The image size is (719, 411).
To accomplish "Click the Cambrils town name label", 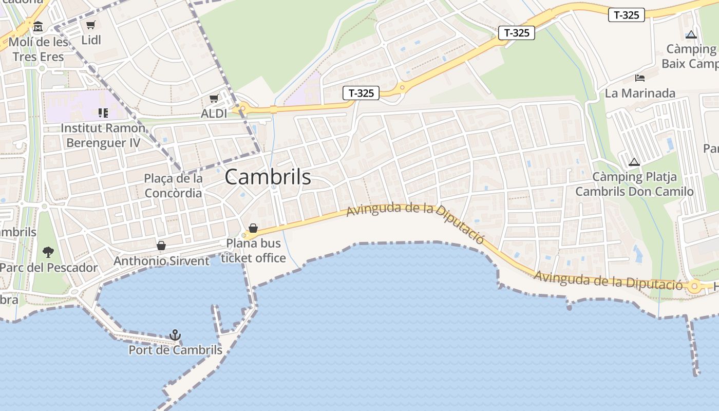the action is click(x=268, y=177).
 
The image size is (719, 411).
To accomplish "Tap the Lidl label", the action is click(x=91, y=40).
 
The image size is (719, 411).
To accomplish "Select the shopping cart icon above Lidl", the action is click(x=91, y=25).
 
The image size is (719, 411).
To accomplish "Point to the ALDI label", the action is click(x=214, y=114).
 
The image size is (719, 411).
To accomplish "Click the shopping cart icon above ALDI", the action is click(x=214, y=98).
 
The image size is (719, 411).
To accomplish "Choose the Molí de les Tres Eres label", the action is click(x=39, y=49).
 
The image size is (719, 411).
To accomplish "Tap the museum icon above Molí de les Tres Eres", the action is click(x=38, y=26).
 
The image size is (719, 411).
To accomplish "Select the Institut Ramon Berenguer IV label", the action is click(x=103, y=136).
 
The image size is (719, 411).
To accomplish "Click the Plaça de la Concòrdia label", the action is click(x=173, y=185).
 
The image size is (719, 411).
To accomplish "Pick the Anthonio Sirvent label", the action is click(x=161, y=261).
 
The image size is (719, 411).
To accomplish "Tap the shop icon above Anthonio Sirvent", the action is click(x=161, y=246).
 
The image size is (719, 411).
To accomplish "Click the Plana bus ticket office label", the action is click(x=253, y=251).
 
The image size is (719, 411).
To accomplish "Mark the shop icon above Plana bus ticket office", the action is click(x=253, y=228).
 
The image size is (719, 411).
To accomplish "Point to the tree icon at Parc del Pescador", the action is click(x=48, y=252).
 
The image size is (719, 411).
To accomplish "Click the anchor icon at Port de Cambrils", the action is click(x=176, y=335).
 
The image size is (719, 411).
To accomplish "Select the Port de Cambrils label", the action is click(x=175, y=350).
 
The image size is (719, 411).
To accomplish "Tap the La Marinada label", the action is click(x=639, y=94).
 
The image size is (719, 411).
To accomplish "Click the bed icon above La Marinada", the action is click(x=640, y=78).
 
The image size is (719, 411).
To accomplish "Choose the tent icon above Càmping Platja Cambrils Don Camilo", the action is click(x=634, y=162).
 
